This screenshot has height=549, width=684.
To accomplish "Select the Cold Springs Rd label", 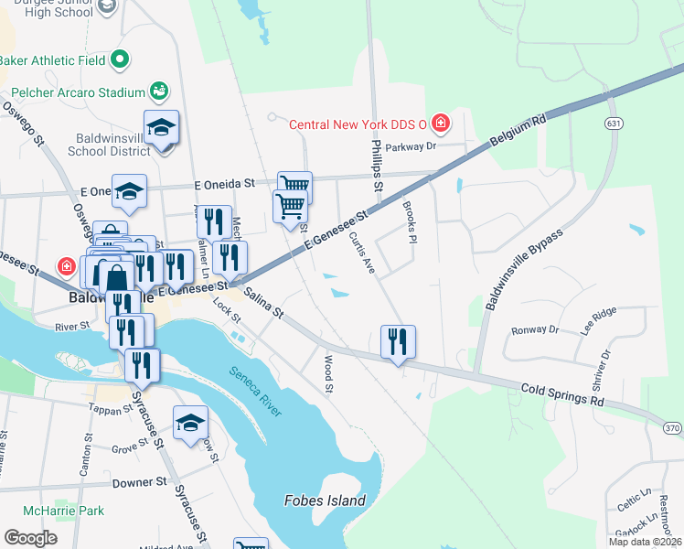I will click(x=563, y=394).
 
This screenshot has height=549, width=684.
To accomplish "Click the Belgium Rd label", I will click(x=518, y=132).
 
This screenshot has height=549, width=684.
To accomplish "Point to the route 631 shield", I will click(x=615, y=122).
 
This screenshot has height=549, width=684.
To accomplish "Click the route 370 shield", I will click(x=672, y=428).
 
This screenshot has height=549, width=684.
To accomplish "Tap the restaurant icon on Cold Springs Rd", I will click(x=398, y=342).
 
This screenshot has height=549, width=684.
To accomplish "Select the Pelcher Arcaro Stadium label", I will click(x=79, y=92).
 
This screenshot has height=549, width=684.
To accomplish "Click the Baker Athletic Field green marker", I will click(x=120, y=60).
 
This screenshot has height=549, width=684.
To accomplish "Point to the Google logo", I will click(x=31, y=537).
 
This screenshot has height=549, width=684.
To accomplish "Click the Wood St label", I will click(x=328, y=376).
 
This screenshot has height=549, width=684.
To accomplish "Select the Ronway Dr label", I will click(x=535, y=330).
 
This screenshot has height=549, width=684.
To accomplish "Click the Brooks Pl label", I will click(x=410, y=221).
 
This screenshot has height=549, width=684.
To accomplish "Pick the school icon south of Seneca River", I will click(x=190, y=422).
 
